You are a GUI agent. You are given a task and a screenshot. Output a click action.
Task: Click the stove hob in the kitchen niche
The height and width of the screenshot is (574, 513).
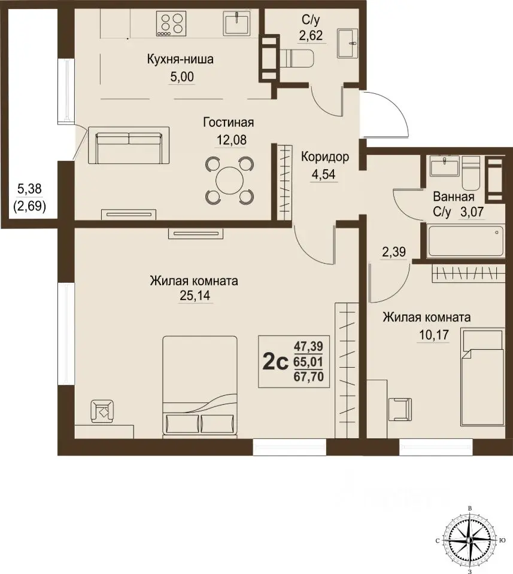click(170, 23)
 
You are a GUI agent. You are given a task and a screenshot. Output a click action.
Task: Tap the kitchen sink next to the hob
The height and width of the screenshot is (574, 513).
click(237, 23)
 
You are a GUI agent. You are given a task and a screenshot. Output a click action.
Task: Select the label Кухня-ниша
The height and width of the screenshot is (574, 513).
click(180, 59)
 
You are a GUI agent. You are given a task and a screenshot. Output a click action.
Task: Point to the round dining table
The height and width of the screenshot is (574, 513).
click(230, 180)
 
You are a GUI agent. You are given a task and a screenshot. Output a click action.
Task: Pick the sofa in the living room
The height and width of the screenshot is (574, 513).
click(129, 145)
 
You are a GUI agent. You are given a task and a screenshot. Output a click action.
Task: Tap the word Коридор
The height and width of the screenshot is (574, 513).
click(325, 157)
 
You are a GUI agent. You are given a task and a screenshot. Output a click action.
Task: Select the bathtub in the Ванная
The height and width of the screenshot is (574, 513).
click(465, 241)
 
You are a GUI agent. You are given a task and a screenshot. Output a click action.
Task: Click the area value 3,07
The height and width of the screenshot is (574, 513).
click(472, 212)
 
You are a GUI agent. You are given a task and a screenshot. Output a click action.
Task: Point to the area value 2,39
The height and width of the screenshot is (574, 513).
click(393, 252)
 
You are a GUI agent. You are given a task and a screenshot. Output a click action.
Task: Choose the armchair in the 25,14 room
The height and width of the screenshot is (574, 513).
click(102, 411)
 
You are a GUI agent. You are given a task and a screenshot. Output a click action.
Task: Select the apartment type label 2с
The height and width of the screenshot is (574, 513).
click(276, 363)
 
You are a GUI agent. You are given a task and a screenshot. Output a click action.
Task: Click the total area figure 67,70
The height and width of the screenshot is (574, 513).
click(308, 376)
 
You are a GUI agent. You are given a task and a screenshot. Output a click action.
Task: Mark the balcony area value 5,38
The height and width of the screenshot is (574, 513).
click(30, 189)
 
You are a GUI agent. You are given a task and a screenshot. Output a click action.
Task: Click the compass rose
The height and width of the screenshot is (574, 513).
click(469, 540)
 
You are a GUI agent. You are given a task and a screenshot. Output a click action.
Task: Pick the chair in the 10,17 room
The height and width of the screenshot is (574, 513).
click(401, 409)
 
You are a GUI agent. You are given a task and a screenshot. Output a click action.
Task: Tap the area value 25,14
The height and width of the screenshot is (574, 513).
click(195, 295)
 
